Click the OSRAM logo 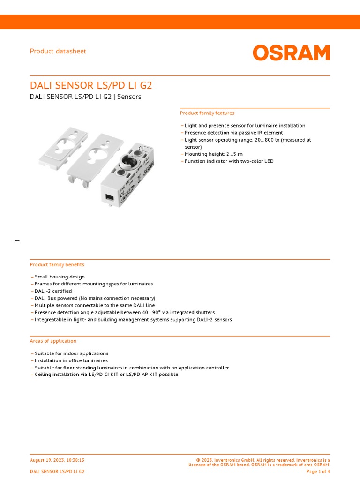point(291,52)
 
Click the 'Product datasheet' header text point(58,51)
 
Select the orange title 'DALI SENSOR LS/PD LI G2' point(91,85)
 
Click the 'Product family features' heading point(207,113)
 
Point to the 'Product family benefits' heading point(57,265)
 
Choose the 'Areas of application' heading point(53,341)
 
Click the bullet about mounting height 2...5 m point(213,154)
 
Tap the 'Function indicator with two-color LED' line point(229,161)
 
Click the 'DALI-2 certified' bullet point(53,291)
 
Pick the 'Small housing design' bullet point(60,277)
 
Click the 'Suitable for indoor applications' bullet point(71,353)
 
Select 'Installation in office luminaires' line point(71,360)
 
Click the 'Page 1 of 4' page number point(318,471)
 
